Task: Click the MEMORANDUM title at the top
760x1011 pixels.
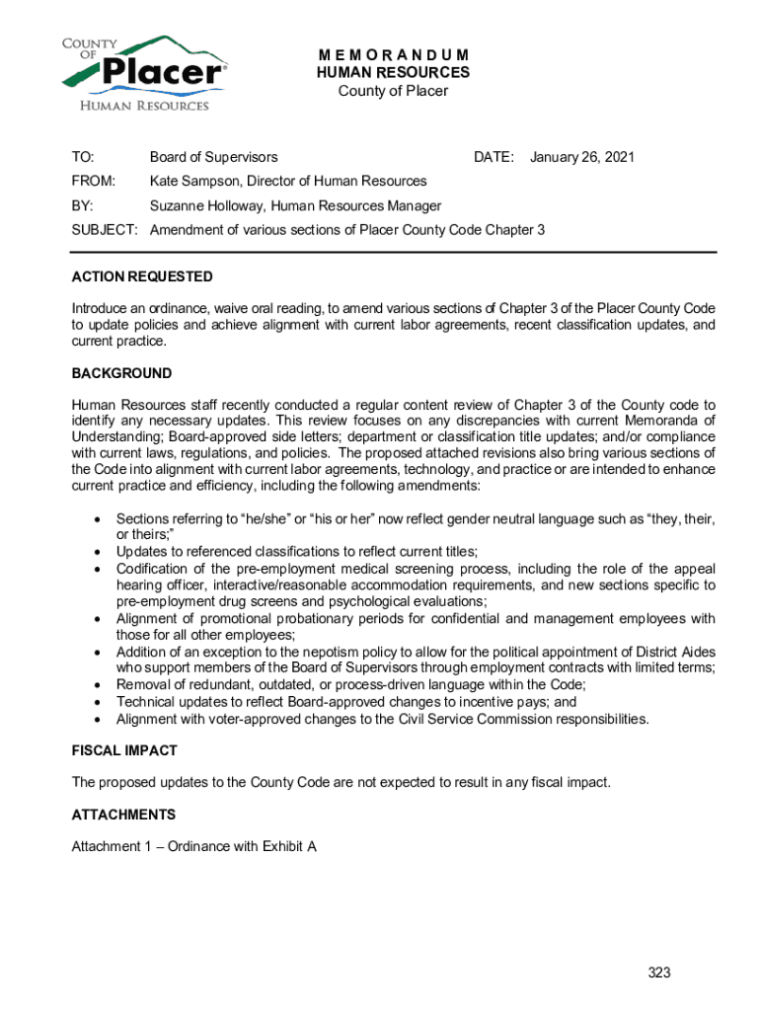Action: (393, 54)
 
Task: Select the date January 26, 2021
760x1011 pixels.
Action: (581, 157)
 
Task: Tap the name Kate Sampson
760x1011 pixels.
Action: (193, 182)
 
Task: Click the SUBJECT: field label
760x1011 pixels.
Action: (105, 230)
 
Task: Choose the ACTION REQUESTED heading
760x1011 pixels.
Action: (142, 276)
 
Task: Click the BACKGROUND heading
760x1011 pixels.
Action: (121, 373)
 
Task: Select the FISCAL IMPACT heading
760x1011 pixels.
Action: (124, 750)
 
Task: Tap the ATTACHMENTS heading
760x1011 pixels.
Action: (123, 815)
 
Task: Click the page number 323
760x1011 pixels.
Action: (659, 972)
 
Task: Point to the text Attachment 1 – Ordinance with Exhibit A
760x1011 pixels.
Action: (193, 847)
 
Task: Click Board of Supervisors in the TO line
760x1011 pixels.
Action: (213, 157)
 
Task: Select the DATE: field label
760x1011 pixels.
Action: (494, 157)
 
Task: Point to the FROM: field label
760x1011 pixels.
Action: (94, 182)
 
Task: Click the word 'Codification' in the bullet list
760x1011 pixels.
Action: (156, 569)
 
